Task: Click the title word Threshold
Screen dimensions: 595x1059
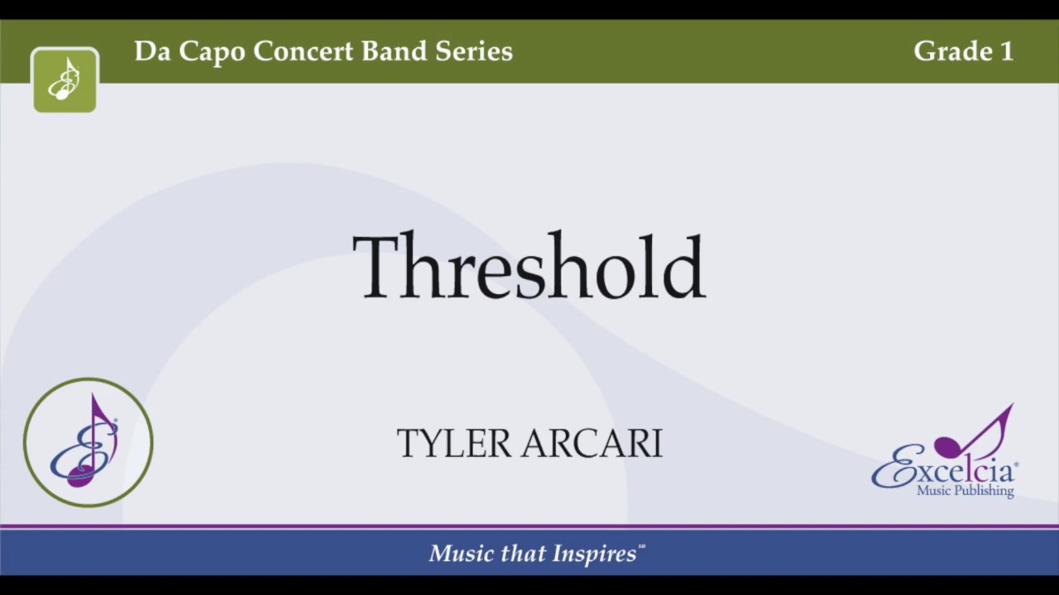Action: point(529,266)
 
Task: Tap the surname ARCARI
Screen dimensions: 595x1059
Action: point(592,444)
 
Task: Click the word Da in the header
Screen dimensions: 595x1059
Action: point(153,51)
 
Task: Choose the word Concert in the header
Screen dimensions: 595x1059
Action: point(304,51)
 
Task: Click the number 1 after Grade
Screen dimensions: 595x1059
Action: point(1006,51)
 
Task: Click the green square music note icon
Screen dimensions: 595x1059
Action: point(65,80)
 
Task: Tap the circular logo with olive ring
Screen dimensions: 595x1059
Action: point(89,442)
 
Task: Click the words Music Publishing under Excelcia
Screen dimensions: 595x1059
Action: point(965,491)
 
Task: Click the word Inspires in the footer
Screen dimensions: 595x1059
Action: point(595,554)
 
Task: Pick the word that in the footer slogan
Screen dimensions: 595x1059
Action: point(522,554)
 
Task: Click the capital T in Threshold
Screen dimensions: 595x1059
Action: point(379,266)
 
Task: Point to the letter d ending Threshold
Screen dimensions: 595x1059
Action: point(684,266)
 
